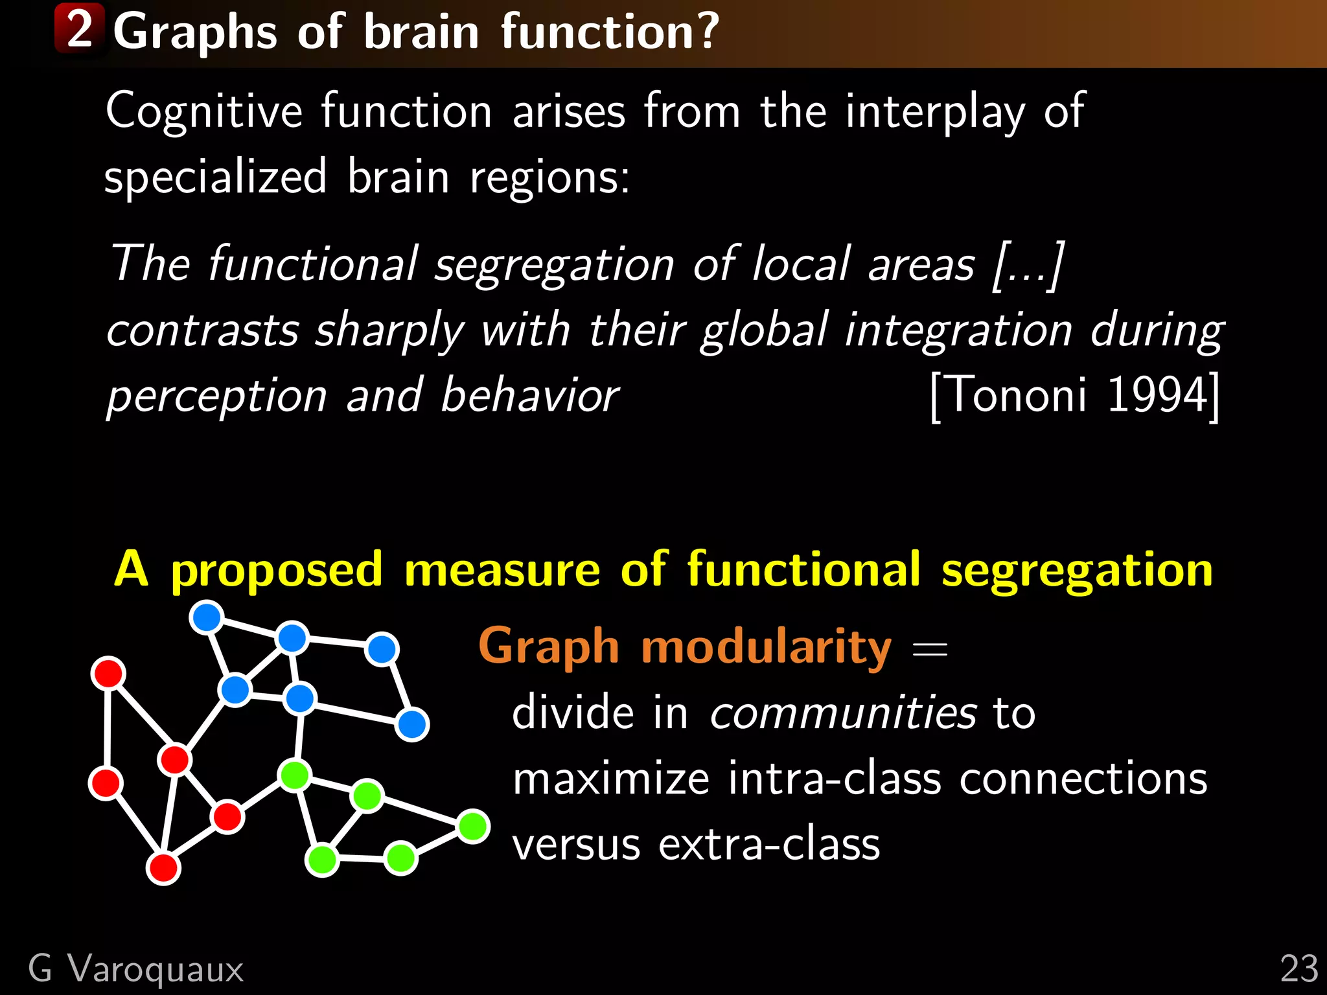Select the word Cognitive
(x=203, y=111)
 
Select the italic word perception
(x=217, y=396)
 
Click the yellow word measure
(x=502, y=569)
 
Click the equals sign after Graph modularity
(x=930, y=648)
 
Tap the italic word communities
(x=843, y=712)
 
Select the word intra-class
(x=834, y=778)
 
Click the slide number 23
(x=1298, y=969)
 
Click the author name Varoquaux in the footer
(x=156, y=969)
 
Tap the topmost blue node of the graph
(x=207, y=617)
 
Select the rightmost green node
(x=473, y=827)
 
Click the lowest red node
(x=163, y=868)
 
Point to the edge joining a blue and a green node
(x=298, y=737)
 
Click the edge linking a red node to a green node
(x=261, y=796)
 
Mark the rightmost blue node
(x=412, y=724)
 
